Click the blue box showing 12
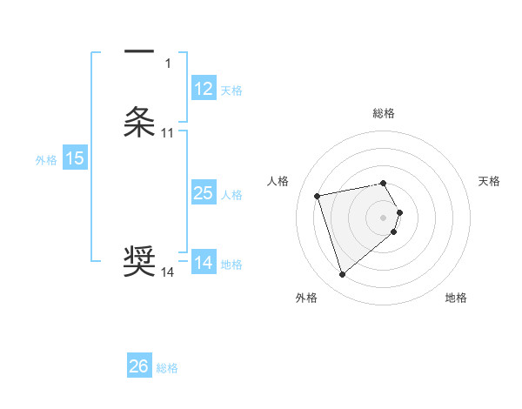(x=204, y=89)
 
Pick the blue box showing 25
(x=204, y=193)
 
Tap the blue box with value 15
(x=75, y=158)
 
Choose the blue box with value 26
(x=139, y=366)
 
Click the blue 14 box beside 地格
(x=204, y=263)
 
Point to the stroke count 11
(x=168, y=133)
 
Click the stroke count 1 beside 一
(x=168, y=63)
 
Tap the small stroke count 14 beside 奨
(x=168, y=272)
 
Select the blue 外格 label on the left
(x=45, y=160)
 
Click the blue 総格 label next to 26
(x=167, y=368)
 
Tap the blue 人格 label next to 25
(x=232, y=195)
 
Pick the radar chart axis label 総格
(x=384, y=113)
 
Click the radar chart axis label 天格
(x=490, y=181)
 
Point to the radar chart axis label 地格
(x=456, y=298)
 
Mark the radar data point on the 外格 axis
(x=343, y=275)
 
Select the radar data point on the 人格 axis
(x=318, y=195)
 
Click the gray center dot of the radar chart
(x=384, y=217)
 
